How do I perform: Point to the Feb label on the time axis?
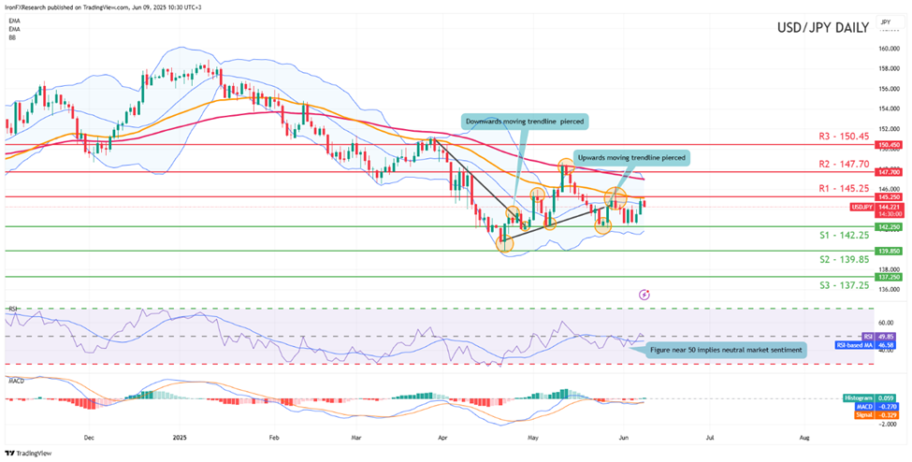pos(275,437)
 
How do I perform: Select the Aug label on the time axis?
pos(804,437)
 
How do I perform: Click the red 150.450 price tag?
pos(888,145)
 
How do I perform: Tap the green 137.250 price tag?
pos(888,278)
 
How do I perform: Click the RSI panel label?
pos(13,308)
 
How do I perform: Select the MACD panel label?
pos(16,382)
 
